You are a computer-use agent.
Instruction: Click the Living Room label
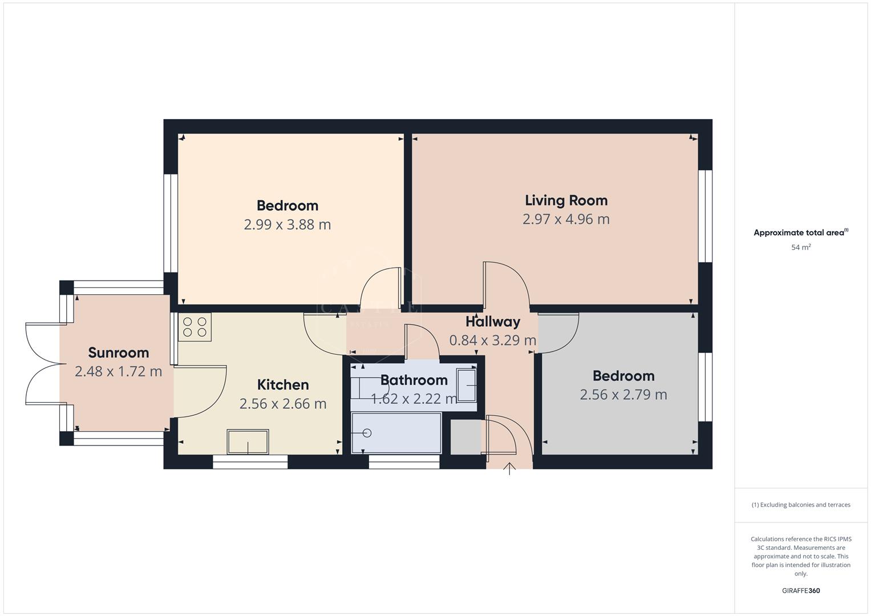[566, 200]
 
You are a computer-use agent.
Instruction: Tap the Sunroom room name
[118, 352]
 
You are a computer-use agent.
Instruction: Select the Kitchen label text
[283, 385]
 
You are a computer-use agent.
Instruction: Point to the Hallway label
[493, 322]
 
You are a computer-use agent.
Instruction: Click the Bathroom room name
[414, 380]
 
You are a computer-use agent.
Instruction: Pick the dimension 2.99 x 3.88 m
[287, 225]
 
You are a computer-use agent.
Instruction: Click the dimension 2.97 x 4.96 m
[566, 219]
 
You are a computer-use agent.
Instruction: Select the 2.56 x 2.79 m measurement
[623, 395]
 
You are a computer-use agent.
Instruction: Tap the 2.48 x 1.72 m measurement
[118, 372]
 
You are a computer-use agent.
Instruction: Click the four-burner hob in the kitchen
[195, 327]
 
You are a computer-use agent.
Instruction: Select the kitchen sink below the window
[248, 441]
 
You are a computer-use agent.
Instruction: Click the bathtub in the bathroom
[396, 433]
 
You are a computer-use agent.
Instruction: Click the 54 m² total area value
[801, 248]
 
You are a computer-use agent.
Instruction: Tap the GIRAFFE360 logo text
[801, 590]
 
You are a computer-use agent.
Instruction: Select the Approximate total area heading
[800, 233]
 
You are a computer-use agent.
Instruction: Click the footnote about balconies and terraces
[801, 505]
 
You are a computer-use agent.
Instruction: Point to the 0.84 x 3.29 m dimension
[493, 341]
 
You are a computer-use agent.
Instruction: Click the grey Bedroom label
[623, 376]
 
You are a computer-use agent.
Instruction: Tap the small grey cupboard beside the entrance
[465, 437]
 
